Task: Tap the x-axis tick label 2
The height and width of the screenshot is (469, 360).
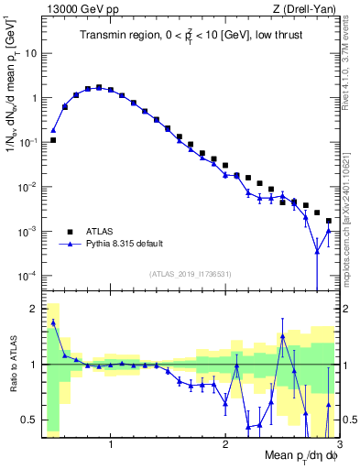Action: (225, 445)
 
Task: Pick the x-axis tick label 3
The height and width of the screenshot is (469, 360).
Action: (338, 445)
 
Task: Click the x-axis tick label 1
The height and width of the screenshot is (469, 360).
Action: (111, 445)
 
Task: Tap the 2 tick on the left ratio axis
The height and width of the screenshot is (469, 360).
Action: (33, 309)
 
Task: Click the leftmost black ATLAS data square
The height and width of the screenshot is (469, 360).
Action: (53, 140)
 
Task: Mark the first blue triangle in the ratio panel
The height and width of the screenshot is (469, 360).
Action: (53, 322)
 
